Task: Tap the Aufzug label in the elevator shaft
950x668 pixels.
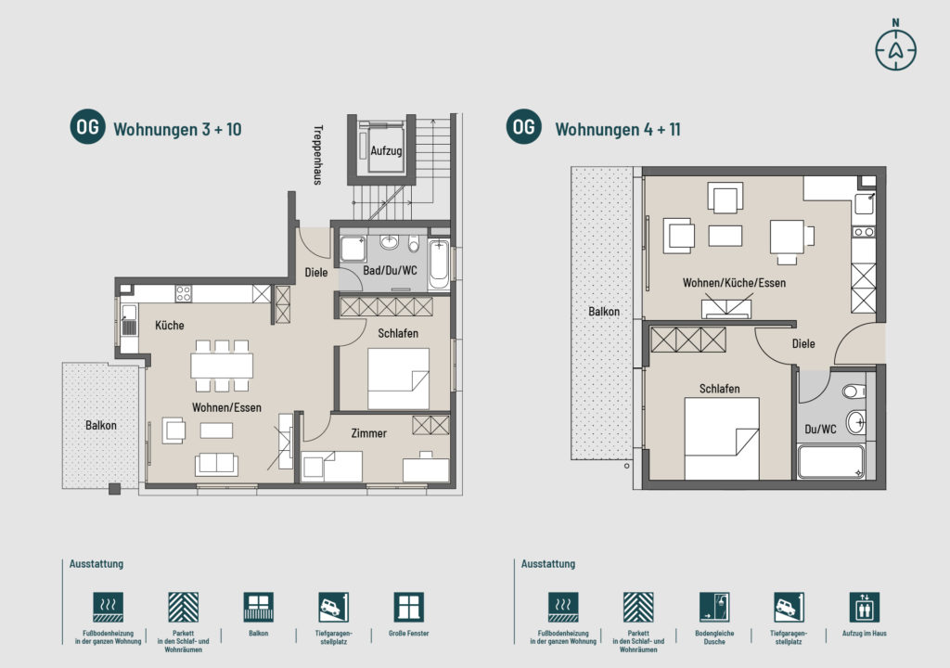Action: (386, 150)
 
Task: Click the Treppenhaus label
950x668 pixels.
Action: (317, 155)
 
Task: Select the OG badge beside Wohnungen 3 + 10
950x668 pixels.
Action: (88, 127)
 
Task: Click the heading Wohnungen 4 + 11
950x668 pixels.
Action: (617, 130)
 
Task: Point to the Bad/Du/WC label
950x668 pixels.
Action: (390, 270)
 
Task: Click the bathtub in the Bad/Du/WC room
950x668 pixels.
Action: (439, 264)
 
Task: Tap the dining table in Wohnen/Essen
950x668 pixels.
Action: (222, 366)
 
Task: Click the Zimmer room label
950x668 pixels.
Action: (368, 433)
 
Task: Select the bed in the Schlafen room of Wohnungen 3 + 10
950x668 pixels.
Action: (398, 379)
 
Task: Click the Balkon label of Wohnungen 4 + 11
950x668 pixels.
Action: (604, 312)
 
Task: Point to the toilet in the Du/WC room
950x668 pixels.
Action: (854, 392)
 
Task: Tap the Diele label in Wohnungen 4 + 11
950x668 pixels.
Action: (803, 343)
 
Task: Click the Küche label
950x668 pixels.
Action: (169, 326)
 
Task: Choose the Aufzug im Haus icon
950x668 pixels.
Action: (864, 607)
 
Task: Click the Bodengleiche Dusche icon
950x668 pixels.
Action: (714, 607)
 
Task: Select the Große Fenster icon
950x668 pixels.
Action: (408, 607)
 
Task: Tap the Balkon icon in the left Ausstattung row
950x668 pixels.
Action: (258, 607)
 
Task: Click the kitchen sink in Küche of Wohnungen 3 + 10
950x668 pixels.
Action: (129, 321)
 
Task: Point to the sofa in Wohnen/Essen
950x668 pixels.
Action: (216, 464)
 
